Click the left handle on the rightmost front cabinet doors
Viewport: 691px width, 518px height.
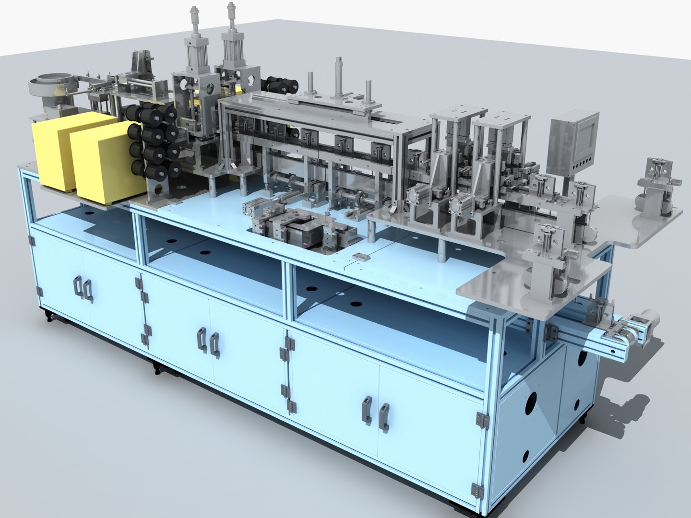click(367, 410)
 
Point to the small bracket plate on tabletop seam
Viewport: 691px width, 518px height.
click(359, 256)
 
